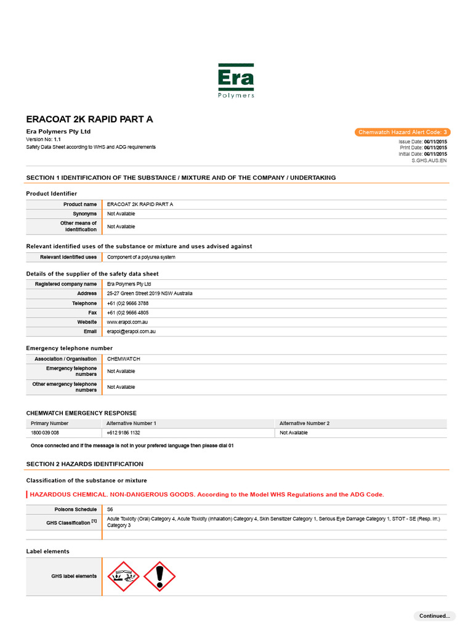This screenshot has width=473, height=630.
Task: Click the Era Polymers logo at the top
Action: [236, 81]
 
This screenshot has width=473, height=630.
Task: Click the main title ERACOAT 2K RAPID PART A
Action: [89, 119]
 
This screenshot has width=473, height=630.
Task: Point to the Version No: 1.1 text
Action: [43, 140]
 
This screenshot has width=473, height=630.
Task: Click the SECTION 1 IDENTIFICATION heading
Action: [180, 178]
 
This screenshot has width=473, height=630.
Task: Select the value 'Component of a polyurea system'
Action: [141, 257]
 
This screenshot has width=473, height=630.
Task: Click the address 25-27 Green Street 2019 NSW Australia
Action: [150, 293]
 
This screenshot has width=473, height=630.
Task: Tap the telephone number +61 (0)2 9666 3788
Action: [127, 303]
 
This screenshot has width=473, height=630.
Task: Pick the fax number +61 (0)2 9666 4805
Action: [127, 313]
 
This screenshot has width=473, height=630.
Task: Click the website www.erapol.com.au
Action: [127, 322]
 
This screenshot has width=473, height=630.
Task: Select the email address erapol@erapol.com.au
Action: [131, 331]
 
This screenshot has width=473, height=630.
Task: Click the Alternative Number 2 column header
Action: [304, 423]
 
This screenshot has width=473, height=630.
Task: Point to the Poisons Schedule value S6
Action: [110, 509]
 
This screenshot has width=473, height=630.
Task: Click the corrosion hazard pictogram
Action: [123, 576]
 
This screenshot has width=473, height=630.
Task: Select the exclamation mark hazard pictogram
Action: [160, 576]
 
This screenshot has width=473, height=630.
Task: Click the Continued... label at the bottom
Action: [434, 616]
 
